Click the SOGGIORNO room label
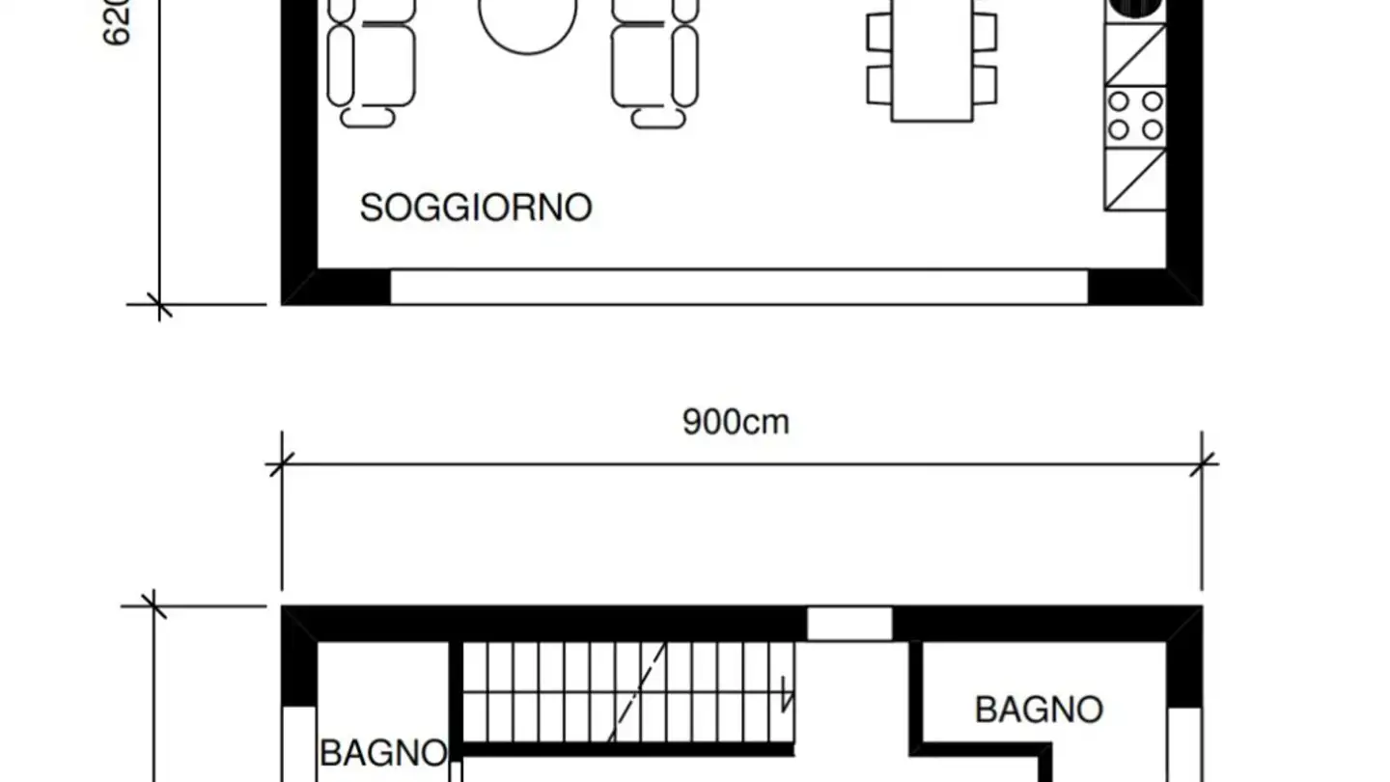[475, 209]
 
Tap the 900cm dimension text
[736, 422]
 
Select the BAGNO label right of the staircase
[1039, 710]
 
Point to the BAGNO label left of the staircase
[383, 753]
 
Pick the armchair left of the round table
[371, 62]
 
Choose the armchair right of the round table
[655, 62]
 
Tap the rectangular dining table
[931, 63]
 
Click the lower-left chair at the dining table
[879, 85]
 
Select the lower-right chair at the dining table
[985, 85]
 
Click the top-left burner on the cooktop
[1120, 101]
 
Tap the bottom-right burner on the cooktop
[1153, 129]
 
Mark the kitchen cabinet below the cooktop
[1135, 179]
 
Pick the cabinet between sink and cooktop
[1135, 54]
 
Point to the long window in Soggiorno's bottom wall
[739, 287]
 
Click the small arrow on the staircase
[787, 694]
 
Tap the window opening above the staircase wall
[849, 624]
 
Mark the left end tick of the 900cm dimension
[281, 465]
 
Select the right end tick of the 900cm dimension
[1202, 465]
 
